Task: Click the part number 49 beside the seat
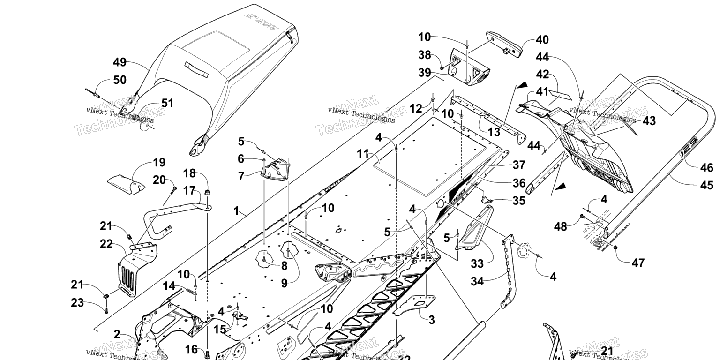(x=120, y=62)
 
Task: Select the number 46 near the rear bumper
(x=707, y=168)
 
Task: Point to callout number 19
(x=159, y=163)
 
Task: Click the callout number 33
(x=477, y=264)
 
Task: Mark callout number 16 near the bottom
(x=191, y=349)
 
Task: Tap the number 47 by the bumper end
(x=638, y=262)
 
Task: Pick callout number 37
(x=518, y=165)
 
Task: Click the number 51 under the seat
(x=167, y=103)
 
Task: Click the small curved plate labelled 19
(x=126, y=183)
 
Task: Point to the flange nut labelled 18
(x=207, y=193)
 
